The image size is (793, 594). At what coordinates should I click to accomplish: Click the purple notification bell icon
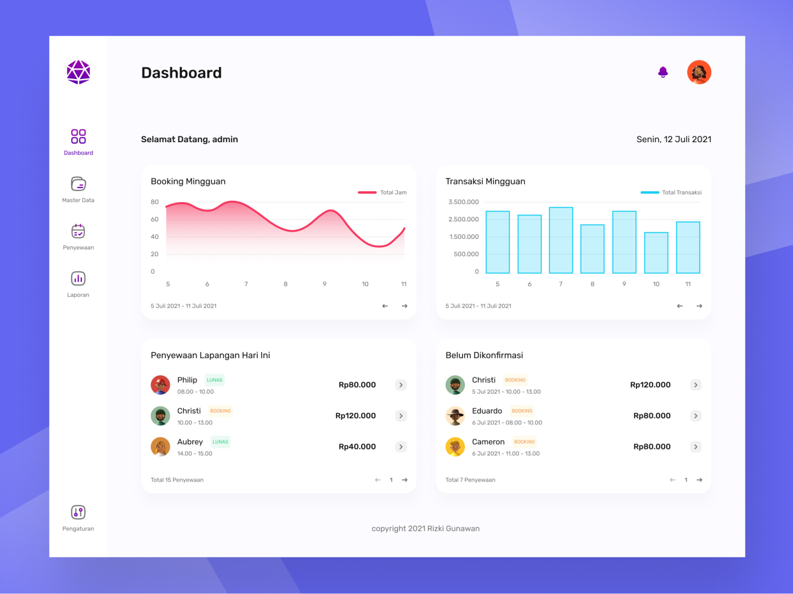coord(663,72)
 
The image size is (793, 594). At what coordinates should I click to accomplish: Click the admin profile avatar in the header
coord(699,72)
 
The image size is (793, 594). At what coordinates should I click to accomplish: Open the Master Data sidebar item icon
coord(78,184)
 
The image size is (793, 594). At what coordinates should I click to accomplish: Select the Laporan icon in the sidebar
coord(78,278)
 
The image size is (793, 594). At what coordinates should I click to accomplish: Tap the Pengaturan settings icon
coord(78,512)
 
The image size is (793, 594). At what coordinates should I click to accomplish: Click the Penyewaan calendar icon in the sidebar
coord(78,231)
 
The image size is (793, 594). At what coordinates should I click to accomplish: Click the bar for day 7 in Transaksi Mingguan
coord(561,240)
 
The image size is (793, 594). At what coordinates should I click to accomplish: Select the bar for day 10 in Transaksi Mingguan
coord(656,253)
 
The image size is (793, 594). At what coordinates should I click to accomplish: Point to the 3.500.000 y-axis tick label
coord(463,202)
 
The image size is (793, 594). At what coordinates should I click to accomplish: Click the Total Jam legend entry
coord(383,193)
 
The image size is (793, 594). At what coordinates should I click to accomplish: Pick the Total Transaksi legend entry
coord(671,193)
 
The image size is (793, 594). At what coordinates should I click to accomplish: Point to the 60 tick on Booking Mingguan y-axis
coord(155,219)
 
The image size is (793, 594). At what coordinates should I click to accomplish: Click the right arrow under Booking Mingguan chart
coord(404,306)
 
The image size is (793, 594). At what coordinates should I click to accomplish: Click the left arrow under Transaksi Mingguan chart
coord(680,306)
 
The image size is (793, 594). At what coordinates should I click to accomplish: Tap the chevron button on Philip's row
coord(401,385)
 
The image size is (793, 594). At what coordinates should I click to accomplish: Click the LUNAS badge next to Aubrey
coord(220,442)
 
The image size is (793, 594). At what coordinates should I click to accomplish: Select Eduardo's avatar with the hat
coord(455,416)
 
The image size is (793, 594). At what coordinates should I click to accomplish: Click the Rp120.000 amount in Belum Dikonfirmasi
coord(650,385)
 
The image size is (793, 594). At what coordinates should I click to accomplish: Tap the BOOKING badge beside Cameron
coord(524,442)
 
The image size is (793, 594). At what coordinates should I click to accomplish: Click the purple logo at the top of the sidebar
coord(78,72)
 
